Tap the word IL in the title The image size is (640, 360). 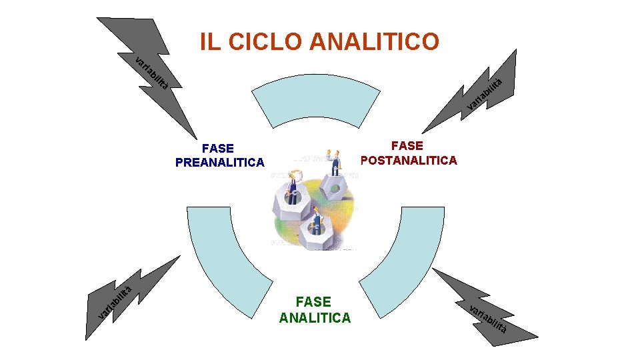coord(211,41)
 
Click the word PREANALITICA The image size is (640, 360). coord(219,162)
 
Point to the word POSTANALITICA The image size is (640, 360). coord(408,160)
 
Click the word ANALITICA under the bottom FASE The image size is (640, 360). coord(314,317)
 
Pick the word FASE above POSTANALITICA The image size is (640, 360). coord(407,145)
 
